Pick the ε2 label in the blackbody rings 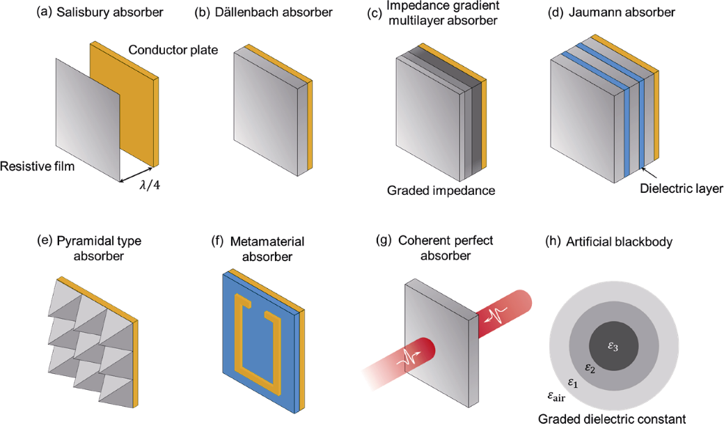[x=589, y=367]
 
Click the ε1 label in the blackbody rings [x=573, y=382]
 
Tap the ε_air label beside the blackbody [x=557, y=398]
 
